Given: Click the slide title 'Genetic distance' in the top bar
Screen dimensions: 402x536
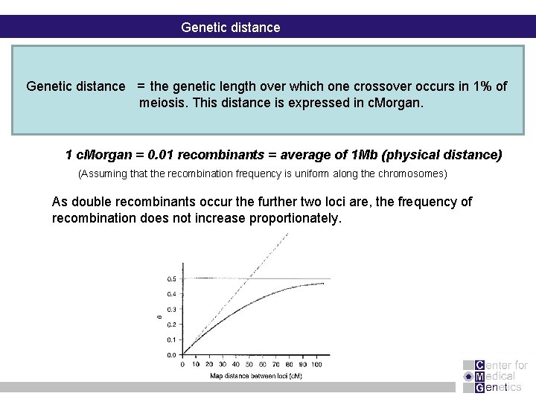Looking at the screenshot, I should pos(231,28).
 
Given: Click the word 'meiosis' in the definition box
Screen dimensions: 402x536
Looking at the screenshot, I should pos(163,103).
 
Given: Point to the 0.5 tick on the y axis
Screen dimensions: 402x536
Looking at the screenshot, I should pos(172,278).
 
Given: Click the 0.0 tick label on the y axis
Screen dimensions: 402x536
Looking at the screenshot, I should pos(172,354).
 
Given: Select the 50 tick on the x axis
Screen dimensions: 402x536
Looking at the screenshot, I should pos(249,364).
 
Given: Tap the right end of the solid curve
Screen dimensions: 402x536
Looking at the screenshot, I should pos(323,283).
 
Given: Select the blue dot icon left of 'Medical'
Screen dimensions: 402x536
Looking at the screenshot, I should pos(468,377).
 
